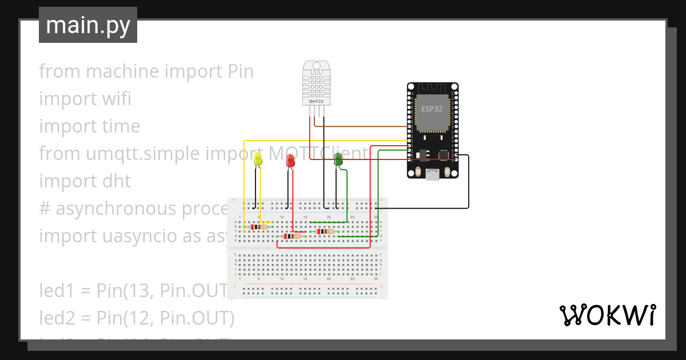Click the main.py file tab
click(x=88, y=25)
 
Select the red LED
click(x=290, y=161)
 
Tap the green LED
click(x=338, y=159)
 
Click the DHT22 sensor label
click(x=316, y=102)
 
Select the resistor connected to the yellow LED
click(x=259, y=227)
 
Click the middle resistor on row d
click(x=293, y=236)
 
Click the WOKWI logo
click(x=607, y=315)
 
